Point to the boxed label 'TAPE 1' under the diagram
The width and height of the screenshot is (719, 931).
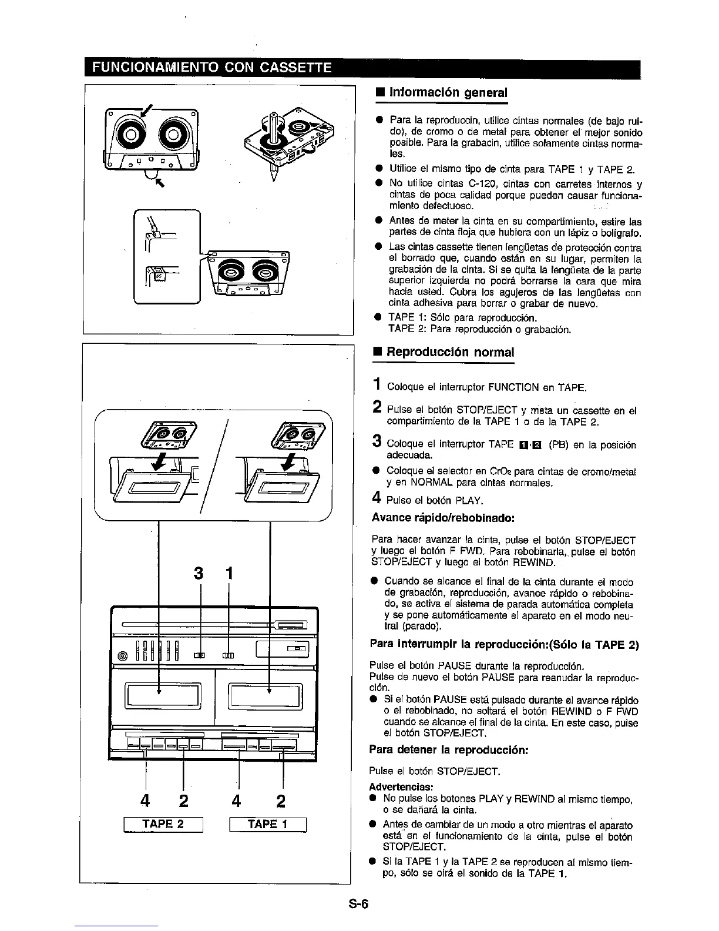(268, 824)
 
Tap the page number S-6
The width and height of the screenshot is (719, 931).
(357, 905)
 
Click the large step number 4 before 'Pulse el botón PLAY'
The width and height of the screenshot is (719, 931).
(377, 500)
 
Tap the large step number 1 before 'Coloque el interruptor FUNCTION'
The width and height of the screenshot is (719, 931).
(377, 386)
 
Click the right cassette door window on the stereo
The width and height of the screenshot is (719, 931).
(268, 696)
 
